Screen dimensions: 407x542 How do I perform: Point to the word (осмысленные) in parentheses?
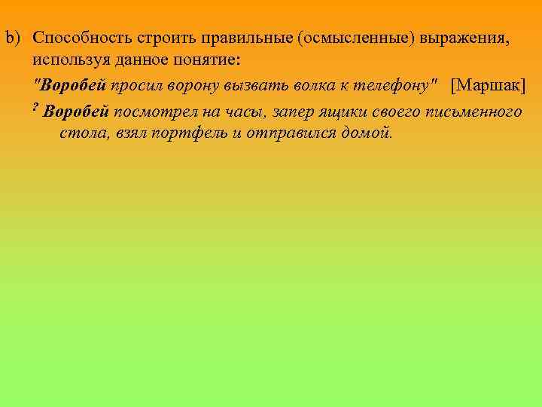pos(351,38)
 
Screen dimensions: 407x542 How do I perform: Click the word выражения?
pos(462,38)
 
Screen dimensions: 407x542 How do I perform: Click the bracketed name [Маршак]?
pos(488,84)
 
